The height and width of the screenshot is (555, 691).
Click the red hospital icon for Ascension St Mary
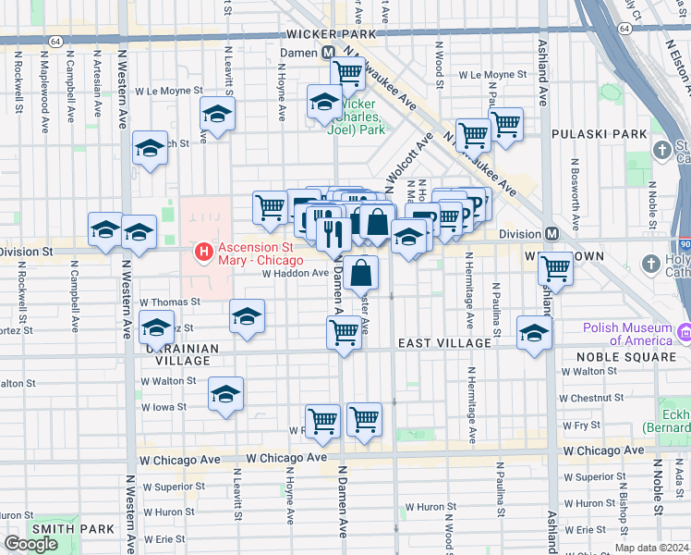202,251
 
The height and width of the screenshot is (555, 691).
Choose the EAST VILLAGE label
444,343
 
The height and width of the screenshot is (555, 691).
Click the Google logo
31,544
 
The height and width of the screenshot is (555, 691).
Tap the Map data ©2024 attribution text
650,548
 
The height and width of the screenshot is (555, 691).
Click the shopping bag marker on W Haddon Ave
363,272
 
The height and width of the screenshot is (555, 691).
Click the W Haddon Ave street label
295,273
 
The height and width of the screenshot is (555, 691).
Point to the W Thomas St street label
170,302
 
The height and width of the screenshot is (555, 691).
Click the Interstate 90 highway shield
684,243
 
